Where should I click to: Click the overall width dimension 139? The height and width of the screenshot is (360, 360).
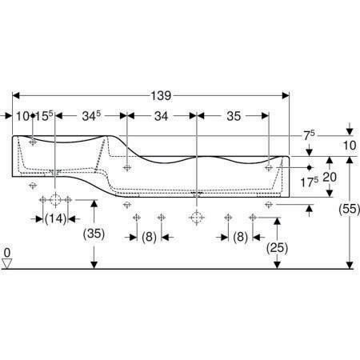point(161,96)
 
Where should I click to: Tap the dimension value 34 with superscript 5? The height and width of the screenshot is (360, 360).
point(92,116)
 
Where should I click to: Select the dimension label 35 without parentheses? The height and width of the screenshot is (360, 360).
point(234,116)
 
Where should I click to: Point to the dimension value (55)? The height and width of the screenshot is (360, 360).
point(350,209)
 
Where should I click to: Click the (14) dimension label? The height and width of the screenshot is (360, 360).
point(55,219)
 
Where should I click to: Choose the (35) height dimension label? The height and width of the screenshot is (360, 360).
point(94,234)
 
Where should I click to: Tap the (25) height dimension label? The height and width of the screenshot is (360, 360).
point(278,248)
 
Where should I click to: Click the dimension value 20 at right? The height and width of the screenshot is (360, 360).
point(330,177)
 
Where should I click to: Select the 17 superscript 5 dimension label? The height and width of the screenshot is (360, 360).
point(310,182)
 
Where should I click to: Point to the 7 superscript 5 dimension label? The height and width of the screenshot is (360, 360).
point(309,135)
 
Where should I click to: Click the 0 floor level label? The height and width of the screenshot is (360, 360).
point(7,253)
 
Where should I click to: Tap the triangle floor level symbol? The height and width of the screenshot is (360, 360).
point(7,263)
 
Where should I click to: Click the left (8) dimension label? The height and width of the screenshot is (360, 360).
point(149,237)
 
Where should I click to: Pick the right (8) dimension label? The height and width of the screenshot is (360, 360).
point(240,237)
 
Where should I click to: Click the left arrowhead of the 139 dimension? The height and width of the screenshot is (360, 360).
point(16,95)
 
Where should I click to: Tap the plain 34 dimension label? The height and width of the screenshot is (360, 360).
point(161,116)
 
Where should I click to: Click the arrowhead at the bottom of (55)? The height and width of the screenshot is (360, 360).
point(350,265)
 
